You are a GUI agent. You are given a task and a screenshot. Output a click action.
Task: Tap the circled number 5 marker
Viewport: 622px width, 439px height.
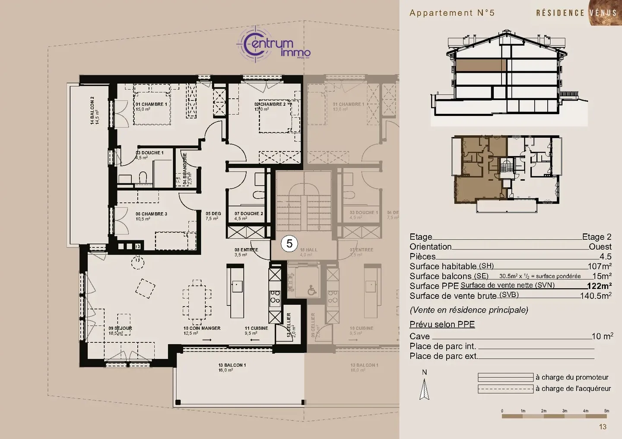coord(289,244)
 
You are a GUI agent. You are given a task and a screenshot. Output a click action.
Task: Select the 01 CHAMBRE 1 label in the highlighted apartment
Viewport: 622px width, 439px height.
coord(151,104)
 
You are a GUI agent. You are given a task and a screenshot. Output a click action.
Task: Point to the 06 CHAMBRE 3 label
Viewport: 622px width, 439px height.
coord(151,214)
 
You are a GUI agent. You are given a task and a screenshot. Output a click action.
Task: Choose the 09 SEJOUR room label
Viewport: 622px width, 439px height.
coord(120,329)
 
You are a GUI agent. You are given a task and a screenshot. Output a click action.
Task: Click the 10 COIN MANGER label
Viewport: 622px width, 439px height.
coord(202,329)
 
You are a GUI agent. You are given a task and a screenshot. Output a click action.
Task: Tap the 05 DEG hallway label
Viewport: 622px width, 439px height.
coord(213,214)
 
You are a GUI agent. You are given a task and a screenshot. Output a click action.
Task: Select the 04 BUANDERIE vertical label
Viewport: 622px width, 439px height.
coord(185,168)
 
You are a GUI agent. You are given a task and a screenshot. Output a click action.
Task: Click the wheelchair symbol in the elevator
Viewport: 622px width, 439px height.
coord(311,291)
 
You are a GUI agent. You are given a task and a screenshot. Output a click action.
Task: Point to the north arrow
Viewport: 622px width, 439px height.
coord(425,388)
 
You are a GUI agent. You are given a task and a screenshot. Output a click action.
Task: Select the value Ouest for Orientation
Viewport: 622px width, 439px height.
coord(600,247)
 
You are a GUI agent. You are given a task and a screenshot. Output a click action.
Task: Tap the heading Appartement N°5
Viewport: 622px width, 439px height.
coord(452,13)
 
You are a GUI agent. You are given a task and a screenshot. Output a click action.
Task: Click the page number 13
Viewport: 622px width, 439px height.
coord(603,427)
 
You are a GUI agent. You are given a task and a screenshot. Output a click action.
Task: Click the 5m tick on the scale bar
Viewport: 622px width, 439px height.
coord(606,411)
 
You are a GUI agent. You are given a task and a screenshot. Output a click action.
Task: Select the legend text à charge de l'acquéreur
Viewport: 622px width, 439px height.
coord(573,389)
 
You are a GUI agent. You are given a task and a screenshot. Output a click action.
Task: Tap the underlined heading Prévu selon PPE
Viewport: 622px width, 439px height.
coord(442,324)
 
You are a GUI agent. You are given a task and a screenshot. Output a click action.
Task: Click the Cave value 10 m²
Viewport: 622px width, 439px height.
coord(602,336)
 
